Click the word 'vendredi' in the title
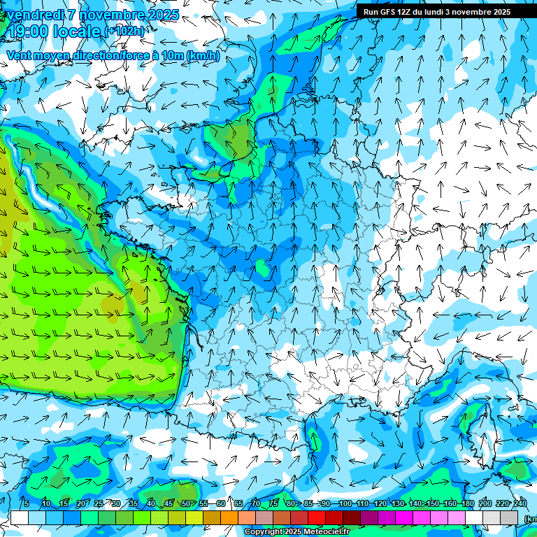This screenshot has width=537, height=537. point(34,15)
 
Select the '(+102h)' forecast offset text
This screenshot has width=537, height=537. point(124,31)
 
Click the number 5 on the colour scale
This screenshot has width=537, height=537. point(26,503)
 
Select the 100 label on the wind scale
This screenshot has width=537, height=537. point(345,503)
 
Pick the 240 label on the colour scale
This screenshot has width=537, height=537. point(520,503)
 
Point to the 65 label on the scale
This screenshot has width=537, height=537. point(238,503)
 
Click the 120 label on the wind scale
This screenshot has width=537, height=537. point(380,503)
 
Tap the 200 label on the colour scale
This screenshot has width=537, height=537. point(485,503)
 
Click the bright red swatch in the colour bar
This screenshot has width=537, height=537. point(317,517)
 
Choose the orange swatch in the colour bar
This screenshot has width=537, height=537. point(229,517)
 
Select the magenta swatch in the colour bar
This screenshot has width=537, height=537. point(404,517)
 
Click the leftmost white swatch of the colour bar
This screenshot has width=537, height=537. point(20,517)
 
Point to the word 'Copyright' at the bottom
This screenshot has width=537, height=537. point(264,532)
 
